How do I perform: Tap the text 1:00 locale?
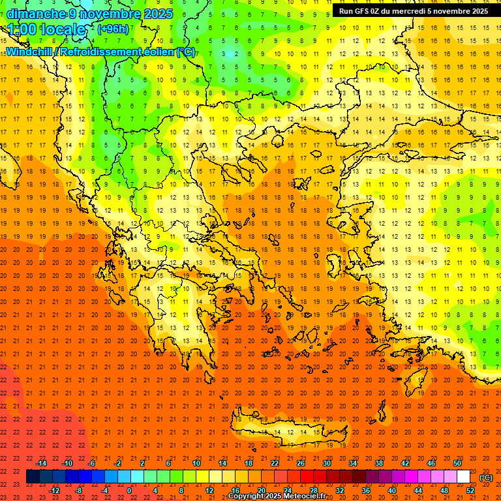[46, 29]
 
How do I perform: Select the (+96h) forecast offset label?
[113, 29]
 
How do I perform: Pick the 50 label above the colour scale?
[457, 463]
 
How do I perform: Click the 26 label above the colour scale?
[301, 463]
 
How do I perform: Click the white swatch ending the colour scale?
[463, 477]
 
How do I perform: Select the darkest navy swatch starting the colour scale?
[33, 477]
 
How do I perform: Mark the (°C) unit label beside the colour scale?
[485, 478]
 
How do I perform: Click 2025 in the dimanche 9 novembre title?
[158, 14]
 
